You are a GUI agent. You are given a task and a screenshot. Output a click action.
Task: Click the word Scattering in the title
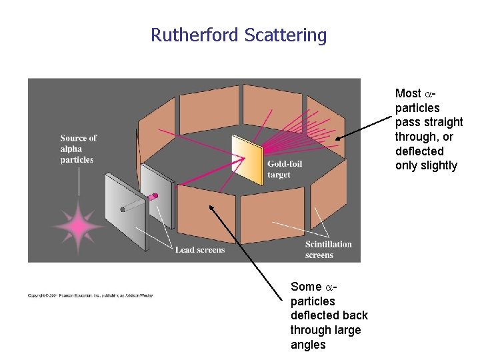pyautogui.click(x=286, y=35)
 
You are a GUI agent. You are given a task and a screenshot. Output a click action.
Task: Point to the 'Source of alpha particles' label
pyautogui.click(x=78, y=149)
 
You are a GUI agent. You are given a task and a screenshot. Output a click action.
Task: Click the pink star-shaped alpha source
pyautogui.click(x=79, y=227)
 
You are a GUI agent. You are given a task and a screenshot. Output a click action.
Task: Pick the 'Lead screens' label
pyautogui.click(x=200, y=249)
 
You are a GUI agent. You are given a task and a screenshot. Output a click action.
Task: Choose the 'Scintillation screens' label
pyautogui.click(x=328, y=249)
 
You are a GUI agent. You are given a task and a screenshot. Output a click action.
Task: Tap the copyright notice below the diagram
pyautogui.click(x=90, y=295)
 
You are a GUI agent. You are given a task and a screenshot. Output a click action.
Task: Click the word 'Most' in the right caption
pyautogui.click(x=408, y=93)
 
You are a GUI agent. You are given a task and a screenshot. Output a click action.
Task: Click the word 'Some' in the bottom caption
pyautogui.click(x=306, y=287)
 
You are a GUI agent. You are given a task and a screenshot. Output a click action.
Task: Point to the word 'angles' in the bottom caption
pyautogui.click(x=308, y=345)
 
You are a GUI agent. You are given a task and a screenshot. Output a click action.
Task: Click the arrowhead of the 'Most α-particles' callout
pyautogui.click(x=338, y=139)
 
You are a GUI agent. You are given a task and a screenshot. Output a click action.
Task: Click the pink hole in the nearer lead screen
pyautogui.click(x=154, y=196)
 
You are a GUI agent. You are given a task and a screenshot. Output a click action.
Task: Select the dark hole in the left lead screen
pyautogui.click(x=123, y=209)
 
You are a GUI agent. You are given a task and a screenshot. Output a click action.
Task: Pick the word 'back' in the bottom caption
pyautogui.click(x=354, y=315)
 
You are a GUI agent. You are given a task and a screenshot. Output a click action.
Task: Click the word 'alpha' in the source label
pyautogui.click(x=71, y=149)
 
